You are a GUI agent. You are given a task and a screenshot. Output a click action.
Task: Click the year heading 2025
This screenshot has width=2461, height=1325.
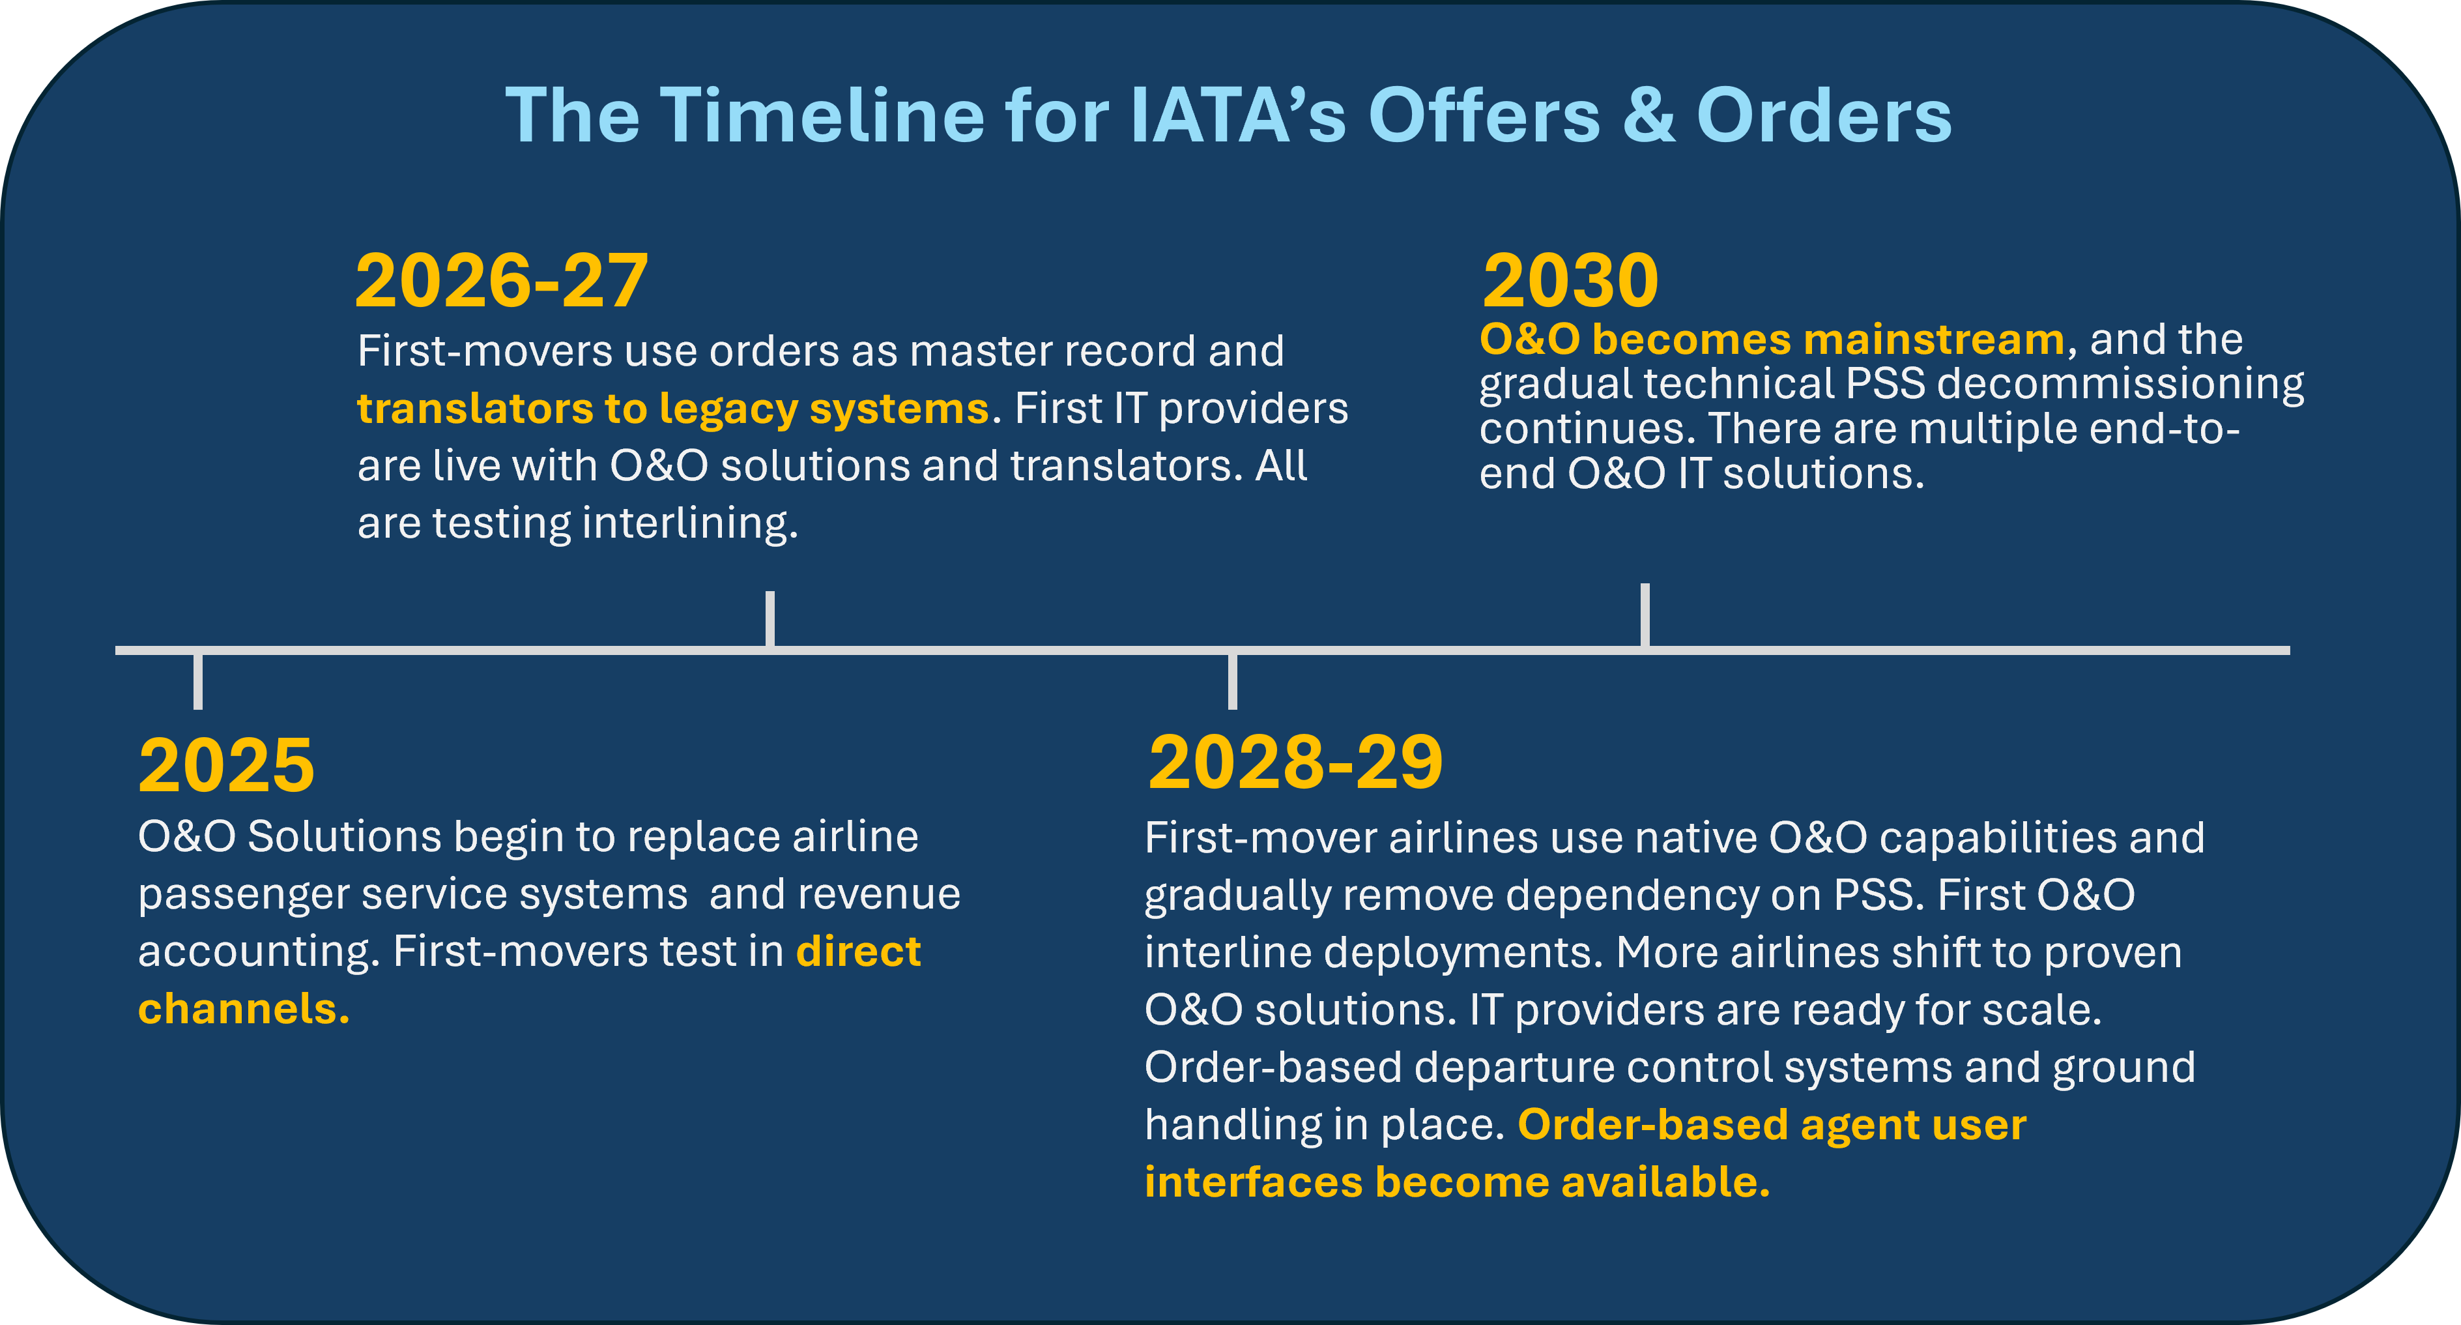point(225,766)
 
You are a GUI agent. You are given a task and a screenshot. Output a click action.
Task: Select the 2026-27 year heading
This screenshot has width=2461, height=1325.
point(502,281)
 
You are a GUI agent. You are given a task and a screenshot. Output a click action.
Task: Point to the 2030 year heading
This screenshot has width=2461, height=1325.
point(1570,281)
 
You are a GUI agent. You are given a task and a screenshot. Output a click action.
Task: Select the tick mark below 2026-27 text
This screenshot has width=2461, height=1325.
point(770,619)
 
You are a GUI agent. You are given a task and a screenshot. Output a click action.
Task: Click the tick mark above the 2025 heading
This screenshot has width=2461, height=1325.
point(198,680)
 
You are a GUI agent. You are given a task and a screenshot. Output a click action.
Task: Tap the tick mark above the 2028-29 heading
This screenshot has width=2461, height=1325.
point(1232,680)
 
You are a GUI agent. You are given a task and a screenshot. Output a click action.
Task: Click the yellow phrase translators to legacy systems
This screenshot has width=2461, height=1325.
point(672,409)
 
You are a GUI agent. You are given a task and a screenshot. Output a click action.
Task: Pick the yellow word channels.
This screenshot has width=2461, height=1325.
point(244,1009)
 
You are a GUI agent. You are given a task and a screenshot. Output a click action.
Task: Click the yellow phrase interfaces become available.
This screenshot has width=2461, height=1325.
point(1457,1182)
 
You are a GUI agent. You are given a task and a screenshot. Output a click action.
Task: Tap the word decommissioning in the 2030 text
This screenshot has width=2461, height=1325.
point(2120,384)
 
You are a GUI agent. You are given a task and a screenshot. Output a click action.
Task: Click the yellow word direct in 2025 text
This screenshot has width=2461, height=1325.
point(858,952)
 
